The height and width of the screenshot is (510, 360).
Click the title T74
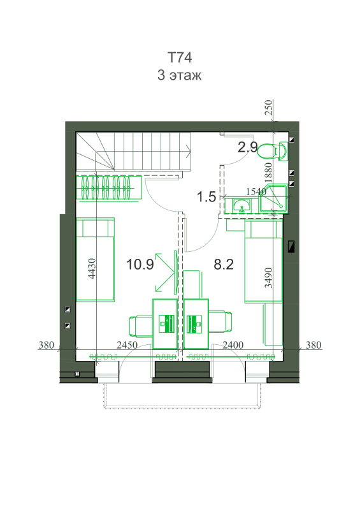coord(180,57)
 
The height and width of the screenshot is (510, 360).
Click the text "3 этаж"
coord(180,75)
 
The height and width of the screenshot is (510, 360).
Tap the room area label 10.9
coord(140,264)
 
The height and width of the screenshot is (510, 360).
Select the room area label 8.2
coord(224,264)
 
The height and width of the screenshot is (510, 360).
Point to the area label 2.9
coord(247,147)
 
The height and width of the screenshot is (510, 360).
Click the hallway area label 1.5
coord(206,197)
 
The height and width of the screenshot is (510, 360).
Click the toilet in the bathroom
coord(273,151)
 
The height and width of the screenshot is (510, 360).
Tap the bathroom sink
coord(241,205)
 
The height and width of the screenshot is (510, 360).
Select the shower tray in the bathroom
coord(273,198)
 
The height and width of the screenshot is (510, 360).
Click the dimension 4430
coord(92,268)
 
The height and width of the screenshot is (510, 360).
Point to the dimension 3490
coord(269,278)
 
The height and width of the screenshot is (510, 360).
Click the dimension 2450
coord(127,345)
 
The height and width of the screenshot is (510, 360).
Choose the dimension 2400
coord(233,345)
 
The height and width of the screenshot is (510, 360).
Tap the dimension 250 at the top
coord(269,108)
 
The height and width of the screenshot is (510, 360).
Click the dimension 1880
coord(269,173)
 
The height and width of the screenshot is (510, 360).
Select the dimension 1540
coord(256,192)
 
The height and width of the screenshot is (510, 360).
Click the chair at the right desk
coord(220,322)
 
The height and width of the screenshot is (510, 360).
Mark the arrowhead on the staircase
coord(189,150)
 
